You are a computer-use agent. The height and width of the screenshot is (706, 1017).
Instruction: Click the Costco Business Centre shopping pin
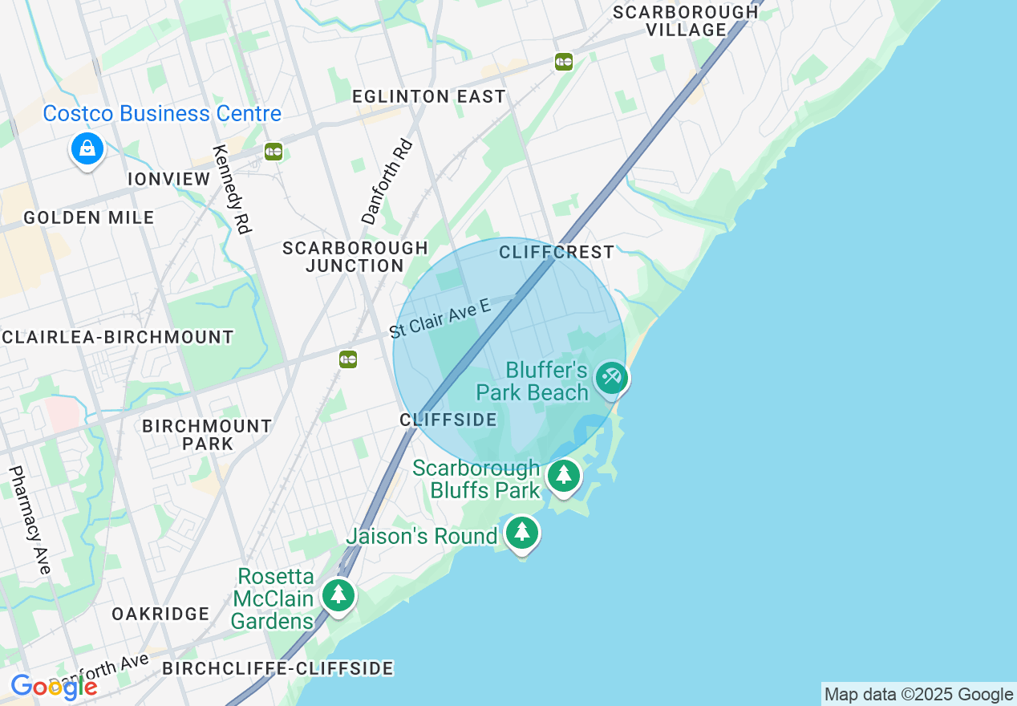[87, 148]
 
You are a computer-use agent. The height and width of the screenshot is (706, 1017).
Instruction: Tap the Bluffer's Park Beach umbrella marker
[612, 378]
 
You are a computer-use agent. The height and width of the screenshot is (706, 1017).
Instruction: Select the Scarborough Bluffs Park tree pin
[564, 476]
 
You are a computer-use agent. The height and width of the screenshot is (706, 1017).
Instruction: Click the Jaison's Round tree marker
[522, 532]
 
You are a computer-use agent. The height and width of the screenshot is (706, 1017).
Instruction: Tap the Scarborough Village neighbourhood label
[685, 21]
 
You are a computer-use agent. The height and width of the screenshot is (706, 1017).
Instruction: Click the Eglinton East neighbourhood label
[429, 96]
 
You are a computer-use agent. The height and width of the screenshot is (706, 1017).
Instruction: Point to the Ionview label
[169, 179]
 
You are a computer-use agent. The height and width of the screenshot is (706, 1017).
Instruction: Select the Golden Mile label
[89, 217]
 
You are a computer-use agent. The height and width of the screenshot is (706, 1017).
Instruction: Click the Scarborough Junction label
[355, 257]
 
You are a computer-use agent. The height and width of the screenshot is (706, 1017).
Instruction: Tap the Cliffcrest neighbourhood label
[557, 252]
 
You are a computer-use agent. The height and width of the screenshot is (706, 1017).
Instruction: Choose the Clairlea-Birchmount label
[118, 337]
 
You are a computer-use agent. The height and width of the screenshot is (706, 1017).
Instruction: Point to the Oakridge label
[160, 614]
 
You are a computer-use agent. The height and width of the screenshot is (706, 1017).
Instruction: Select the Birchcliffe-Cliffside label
[278, 668]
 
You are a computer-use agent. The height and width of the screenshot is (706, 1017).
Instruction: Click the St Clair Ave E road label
[440, 319]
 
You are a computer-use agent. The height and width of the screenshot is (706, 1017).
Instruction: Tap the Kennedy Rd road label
[232, 189]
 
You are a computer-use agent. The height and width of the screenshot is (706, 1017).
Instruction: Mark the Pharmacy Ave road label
[30, 520]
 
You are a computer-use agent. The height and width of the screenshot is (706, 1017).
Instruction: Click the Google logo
[54, 687]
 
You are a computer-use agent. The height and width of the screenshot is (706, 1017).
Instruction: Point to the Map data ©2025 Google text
[918, 694]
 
